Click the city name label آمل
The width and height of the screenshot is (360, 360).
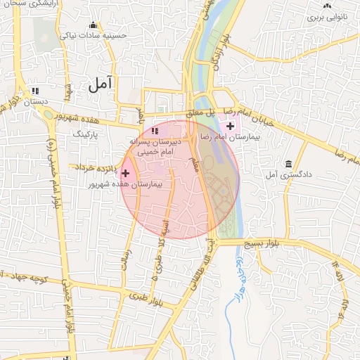tap(101, 84)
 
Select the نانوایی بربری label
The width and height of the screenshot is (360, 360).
tap(327, 15)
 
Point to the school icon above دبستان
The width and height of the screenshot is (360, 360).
tap(35, 91)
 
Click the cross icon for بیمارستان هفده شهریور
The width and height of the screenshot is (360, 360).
tap(126, 173)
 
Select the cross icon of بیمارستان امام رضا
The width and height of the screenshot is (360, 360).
tap(231, 125)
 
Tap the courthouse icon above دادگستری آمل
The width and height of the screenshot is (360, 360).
tap(289, 164)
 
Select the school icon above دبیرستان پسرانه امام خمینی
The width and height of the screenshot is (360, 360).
tap(155, 131)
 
